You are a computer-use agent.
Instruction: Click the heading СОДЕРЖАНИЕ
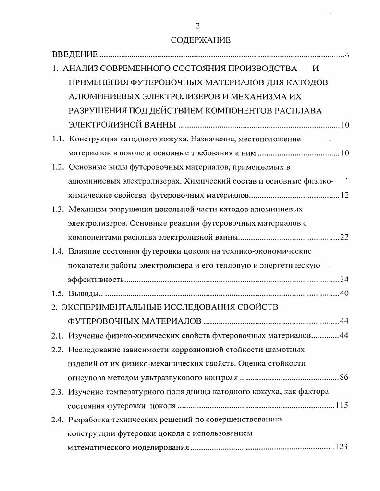click(200, 40)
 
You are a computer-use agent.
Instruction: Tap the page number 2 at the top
click(197, 26)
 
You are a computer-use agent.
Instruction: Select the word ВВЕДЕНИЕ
click(75, 55)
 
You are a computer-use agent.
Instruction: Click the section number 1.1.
click(58, 140)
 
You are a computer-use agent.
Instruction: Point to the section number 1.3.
click(58, 209)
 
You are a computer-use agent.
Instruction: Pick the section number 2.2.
click(58, 349)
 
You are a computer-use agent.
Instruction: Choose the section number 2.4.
click(58, 419)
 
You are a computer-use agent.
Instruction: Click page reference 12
click(344, 195)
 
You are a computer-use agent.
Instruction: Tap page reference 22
click(344, 237)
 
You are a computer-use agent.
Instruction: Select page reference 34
click(344, 280)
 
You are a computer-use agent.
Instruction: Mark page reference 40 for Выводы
click(344, 293)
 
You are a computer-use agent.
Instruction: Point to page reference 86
click(344, 377)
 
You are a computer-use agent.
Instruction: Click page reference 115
click(342, 405)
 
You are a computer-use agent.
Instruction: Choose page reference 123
click(341, 447)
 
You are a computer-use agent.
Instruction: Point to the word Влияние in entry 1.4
click(85, 251)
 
